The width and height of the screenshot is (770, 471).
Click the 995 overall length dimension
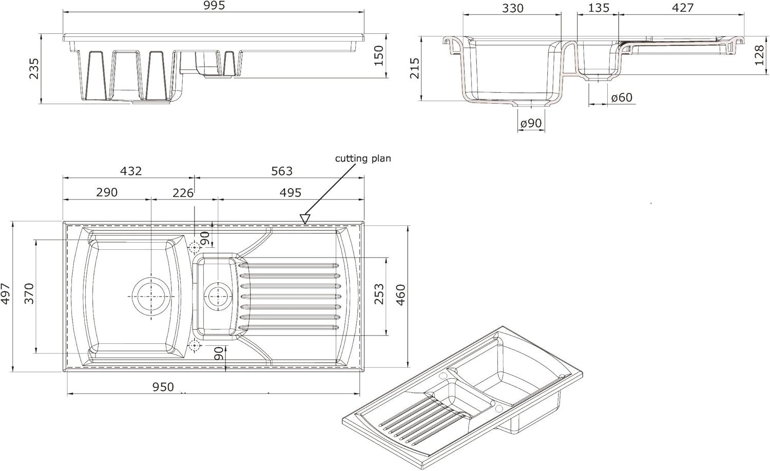click(x=214, y=6)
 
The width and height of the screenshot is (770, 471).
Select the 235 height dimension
click(x=34, y=69)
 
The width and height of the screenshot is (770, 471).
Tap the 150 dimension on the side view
click(x=378, y=55)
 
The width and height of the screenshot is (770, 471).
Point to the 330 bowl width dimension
click(x=512, y=8)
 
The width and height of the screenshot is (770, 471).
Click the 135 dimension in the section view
click(x=599, y=8)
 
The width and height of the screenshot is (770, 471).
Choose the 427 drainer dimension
click(x=682, y=8)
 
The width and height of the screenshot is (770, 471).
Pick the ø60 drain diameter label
click(x=622, y=97)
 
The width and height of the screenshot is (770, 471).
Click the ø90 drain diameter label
click(x=531, y=124)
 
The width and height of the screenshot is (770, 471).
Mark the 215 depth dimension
click(x=415, y=68)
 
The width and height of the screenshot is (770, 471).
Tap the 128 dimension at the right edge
click(x=760, y=55)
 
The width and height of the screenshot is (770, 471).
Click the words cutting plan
click(x=363, y=159)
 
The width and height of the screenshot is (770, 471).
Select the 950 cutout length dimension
click(x=163, y=387)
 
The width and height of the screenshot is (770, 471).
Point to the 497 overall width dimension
click(x=6, y=294)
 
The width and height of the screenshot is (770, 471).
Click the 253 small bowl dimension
click(x=379, y=295)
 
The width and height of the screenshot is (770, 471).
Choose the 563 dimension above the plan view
click(x=281, y=171)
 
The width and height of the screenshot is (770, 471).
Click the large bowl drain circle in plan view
click(x=151, y=296)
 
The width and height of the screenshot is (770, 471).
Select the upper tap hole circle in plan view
click(x=195, y=248)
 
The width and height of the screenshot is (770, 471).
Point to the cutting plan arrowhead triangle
click(x=305, y=219)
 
